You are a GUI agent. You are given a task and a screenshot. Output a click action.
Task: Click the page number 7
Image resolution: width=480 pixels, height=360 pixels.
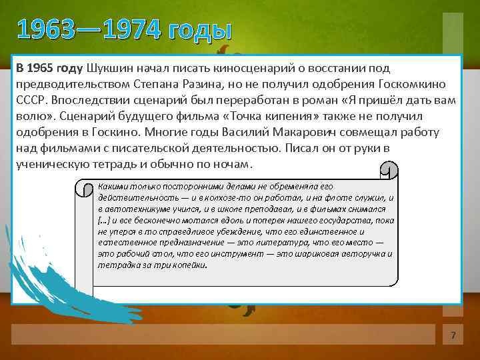point(453,335)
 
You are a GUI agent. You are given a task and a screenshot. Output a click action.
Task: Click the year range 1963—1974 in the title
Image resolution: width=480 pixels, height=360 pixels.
point(89,30)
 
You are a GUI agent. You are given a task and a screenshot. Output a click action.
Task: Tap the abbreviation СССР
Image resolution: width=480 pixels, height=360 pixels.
point(31,100)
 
